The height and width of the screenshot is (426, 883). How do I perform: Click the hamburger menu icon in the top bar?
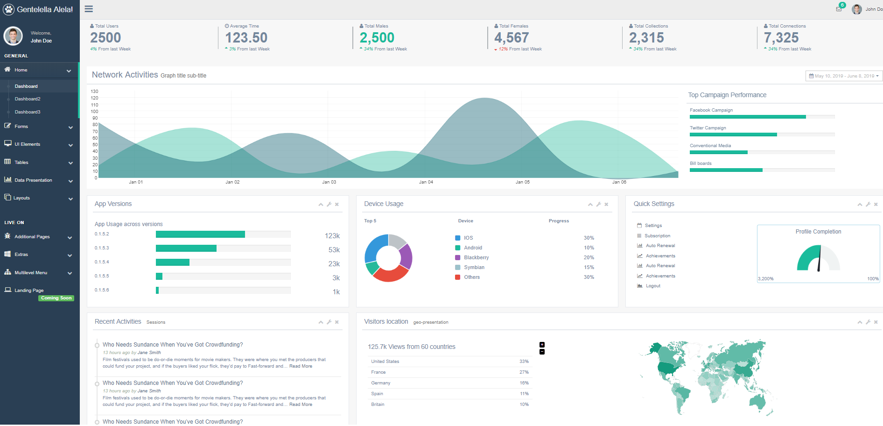pos(89,9)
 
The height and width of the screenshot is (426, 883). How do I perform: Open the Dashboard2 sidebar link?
pos(28,99)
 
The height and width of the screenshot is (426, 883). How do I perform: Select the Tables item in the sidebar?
pos(21,163)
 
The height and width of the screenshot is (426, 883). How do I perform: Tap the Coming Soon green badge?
pos(56,298)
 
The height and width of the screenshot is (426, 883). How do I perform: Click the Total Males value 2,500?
pos(377,38)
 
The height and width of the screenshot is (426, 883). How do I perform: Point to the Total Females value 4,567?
pos(512,38)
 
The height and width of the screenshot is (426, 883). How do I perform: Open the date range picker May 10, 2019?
pos(844,76)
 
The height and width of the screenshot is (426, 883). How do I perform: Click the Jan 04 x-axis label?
pos(426,182)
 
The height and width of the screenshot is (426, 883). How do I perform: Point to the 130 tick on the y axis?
pos(95,92)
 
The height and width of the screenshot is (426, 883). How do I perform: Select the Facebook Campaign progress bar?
pos(748,117)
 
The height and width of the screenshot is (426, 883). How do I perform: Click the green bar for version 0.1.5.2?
pos(200,234)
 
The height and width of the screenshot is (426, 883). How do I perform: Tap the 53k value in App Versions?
pos(334,250)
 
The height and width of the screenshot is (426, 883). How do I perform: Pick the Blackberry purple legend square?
pos(458,258)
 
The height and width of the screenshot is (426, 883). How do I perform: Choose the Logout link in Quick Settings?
pos(653,286)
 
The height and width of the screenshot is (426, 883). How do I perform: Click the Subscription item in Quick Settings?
pos(657,236)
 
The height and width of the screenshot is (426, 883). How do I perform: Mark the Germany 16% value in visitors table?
pos(524,383)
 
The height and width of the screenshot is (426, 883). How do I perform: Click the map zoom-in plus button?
pos(542,345)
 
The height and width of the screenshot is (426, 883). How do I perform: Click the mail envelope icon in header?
pos(839,9)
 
